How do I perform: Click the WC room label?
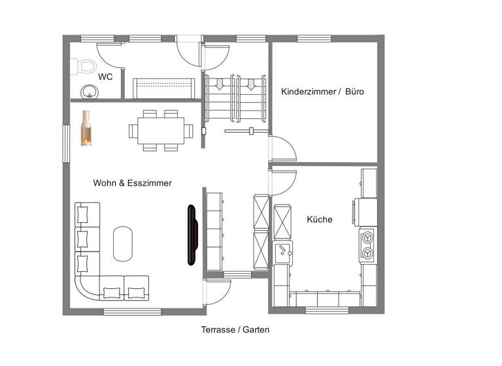[105, 76]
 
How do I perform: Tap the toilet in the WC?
[84, 65]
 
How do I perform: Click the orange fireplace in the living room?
[86, 128]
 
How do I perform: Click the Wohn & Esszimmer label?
[132, 183]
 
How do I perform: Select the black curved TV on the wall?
[192, 235]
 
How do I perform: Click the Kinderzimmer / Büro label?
[322, 92]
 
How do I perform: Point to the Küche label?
[320, 220]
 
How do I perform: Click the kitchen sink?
[283, 250]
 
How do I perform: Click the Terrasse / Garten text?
[235, 330]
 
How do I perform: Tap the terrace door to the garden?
[218, 291]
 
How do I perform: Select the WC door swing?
[109, 54]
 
